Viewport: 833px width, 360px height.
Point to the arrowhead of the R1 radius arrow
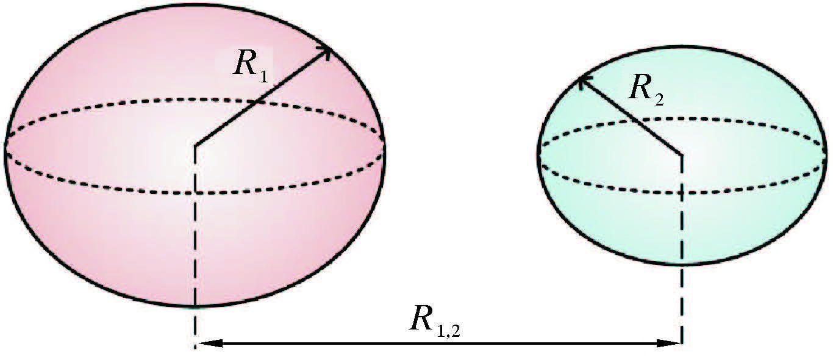coord(328,50)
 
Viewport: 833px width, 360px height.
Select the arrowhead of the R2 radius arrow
coord(582,80)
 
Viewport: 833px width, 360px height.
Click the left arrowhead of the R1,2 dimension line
coord(204,344)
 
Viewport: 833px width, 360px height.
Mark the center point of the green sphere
coord(681,154)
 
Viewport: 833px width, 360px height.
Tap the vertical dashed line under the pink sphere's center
coord(195,244)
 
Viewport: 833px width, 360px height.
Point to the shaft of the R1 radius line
coord(262,98)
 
